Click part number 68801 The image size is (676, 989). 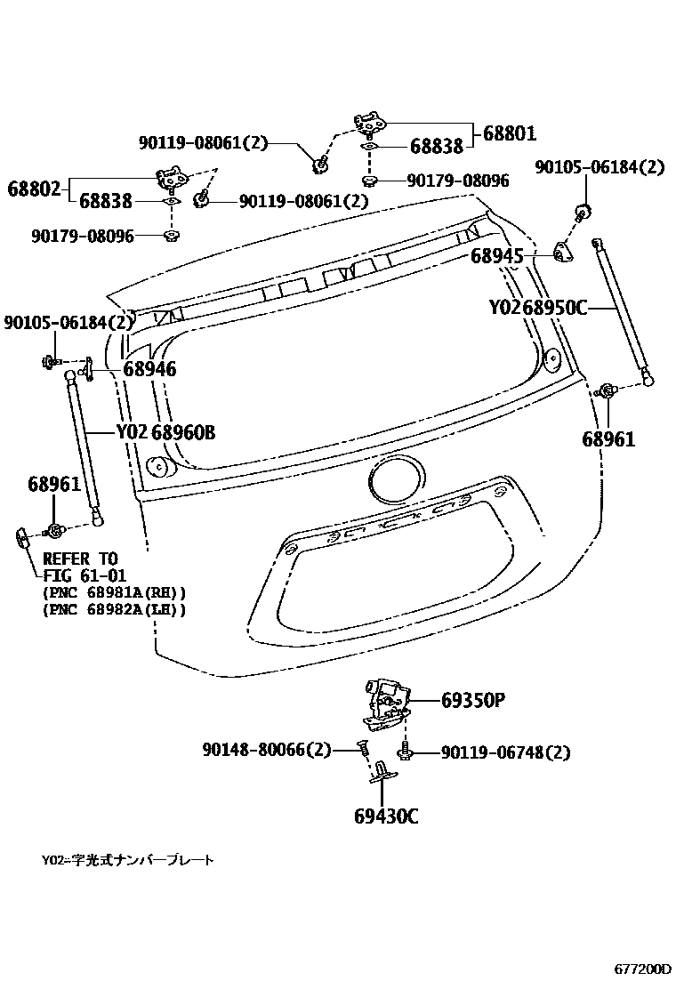[510, 134]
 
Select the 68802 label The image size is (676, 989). [35, 189]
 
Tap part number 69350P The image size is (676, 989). [473, 701]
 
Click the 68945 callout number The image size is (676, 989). [497, 257]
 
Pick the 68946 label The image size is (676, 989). [149, 368]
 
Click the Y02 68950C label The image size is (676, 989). [538, 308]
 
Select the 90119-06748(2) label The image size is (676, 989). [504, 753]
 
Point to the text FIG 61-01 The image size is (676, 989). [84, 575]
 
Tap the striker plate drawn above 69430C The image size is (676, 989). [383, 770]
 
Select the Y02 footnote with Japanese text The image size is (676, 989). [127, 861]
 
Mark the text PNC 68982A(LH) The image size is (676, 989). [114, 609]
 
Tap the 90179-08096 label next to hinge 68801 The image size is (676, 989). [458, 181]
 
